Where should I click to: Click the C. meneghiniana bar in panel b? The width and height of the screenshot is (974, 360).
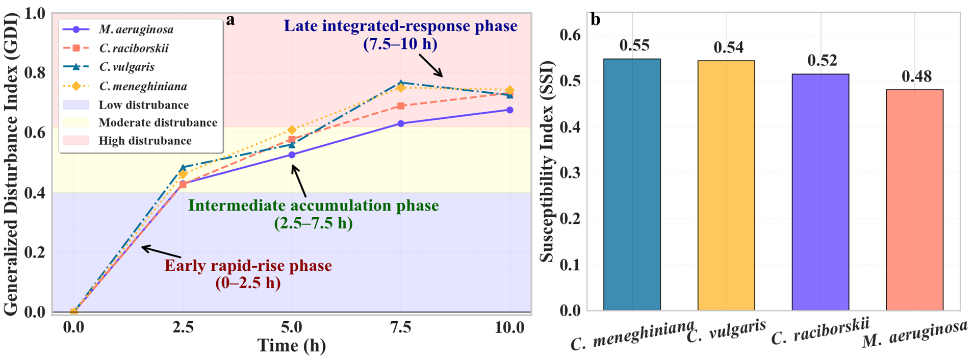[632, 185]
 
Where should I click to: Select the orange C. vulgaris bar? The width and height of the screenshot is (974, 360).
[726, 186]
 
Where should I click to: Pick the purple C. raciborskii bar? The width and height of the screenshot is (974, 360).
[820, 192]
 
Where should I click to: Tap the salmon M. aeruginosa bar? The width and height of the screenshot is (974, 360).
[914, 200]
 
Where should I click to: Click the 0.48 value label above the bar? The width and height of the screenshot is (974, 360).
[916, 76]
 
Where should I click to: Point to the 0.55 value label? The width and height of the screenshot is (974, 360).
[634, 45]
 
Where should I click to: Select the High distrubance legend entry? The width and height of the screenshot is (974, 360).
[127, 141]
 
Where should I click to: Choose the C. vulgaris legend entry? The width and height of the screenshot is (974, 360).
[109, 67]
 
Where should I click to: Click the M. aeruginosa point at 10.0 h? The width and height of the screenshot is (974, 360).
[509, 110]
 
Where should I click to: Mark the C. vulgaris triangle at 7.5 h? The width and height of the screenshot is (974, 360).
[401, 83]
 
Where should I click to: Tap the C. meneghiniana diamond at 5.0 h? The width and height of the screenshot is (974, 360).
[292, 130]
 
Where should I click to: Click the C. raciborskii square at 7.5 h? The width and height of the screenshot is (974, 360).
[401, 106]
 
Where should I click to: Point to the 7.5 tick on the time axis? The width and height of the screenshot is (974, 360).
[401, 327]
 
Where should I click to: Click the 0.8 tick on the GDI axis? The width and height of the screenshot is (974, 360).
[35, 73]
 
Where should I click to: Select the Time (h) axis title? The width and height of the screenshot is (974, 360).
[292, 346]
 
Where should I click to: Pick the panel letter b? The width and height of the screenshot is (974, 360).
[595, 19]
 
